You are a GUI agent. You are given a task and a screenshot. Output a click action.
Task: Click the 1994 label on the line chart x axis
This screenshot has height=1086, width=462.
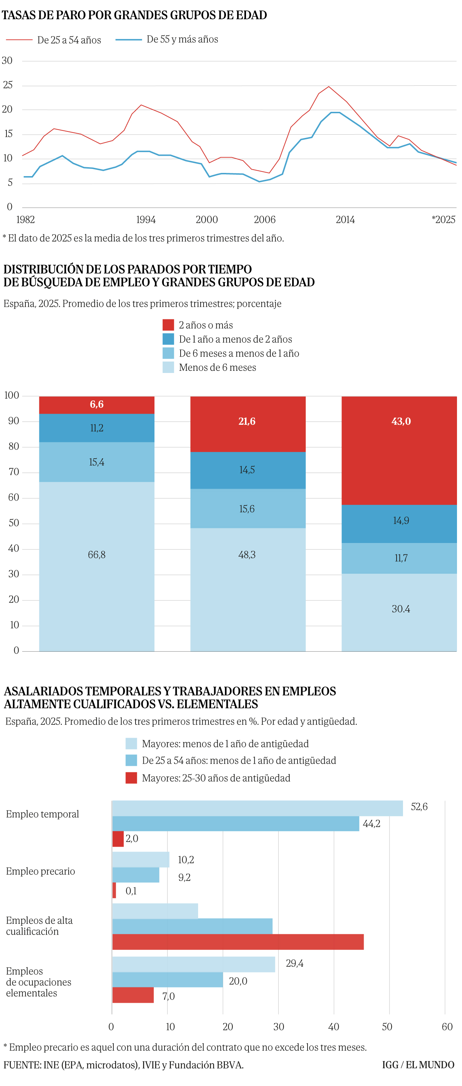click(x=146, y=220)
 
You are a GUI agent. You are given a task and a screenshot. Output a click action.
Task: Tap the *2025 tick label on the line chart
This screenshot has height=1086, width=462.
click(x=443, y=220)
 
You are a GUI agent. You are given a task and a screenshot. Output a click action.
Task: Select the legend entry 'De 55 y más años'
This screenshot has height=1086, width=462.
click(x=182, y=39)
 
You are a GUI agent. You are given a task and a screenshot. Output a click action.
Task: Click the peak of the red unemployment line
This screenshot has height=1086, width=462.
click(x=329, y=87)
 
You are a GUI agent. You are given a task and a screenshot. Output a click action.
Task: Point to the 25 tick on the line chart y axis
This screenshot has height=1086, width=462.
click(x=8, y=85)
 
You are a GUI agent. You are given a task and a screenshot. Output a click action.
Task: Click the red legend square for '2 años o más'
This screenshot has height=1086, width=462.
click(x=168, y=325)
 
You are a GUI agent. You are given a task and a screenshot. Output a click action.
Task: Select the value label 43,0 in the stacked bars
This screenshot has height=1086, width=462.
click(x=401, y=421)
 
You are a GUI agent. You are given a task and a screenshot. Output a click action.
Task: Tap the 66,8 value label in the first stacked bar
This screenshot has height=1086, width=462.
click(x=97, y=555)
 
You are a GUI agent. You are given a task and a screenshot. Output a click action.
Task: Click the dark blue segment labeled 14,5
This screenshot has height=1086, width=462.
click(x=248, y=470)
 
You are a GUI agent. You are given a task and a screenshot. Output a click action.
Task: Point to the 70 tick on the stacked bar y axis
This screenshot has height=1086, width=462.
click(x=14, y=472)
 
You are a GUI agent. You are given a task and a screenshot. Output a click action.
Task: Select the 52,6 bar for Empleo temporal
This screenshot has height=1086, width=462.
click(x=257, y=808)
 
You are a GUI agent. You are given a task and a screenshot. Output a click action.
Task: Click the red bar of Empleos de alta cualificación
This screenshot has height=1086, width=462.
click(x=237, y=942)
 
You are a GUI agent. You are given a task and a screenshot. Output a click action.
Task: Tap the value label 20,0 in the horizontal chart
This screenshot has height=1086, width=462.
click(x=238, y=981)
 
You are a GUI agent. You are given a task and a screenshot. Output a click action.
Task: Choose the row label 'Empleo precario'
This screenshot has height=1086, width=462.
click(x=40, y=871)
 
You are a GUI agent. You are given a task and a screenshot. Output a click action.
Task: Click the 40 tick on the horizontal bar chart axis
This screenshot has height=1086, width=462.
click(x=333, y=1027)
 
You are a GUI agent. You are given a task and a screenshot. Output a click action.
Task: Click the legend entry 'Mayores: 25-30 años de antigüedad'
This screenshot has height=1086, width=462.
click(x=216, y=778)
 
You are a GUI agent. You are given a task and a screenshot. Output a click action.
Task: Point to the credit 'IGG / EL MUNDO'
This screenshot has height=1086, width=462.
click(x=418, y=1065)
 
